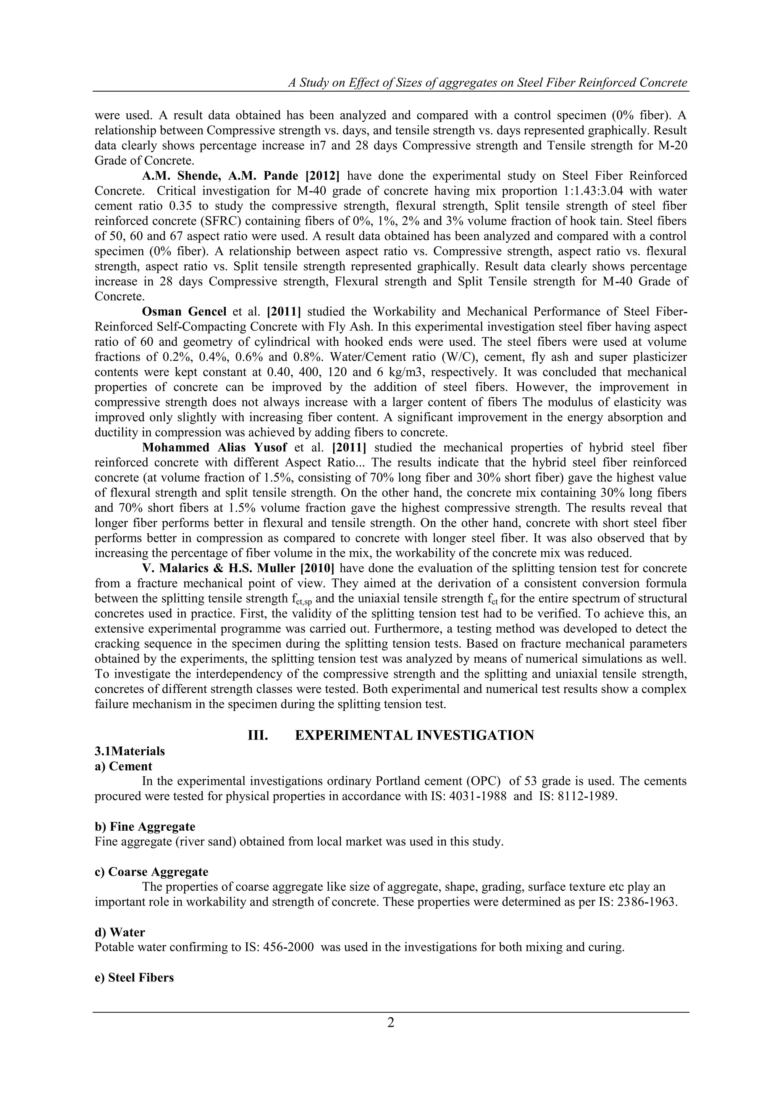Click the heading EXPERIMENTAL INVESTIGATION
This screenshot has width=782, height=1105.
414,735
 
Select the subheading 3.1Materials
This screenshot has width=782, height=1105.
129,751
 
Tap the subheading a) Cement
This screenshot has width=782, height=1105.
123,766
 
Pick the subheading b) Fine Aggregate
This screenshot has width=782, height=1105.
145,827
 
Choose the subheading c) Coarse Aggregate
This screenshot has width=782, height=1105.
151,872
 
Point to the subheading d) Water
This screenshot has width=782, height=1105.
120,932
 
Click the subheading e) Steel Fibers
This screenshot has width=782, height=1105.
134,978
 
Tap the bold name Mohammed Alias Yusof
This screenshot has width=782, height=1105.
214,448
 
